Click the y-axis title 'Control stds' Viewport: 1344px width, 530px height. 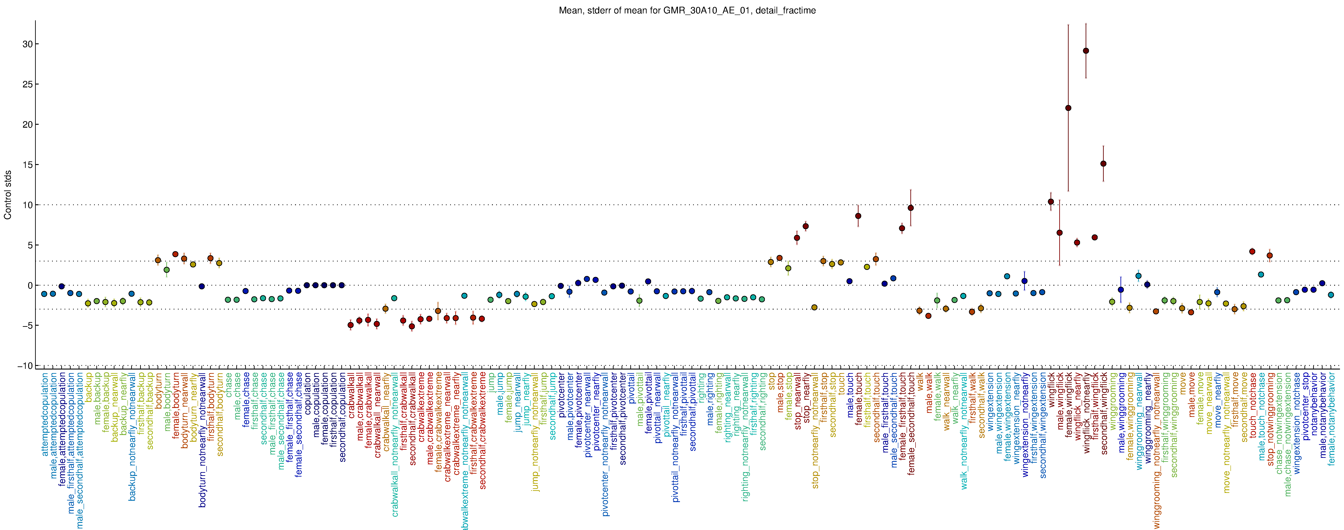(8, 194)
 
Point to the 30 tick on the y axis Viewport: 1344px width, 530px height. (27, 44)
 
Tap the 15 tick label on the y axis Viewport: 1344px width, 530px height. (27, 165)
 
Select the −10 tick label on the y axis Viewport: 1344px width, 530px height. (25, 366)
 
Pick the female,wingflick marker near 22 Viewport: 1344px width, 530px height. (1068, 108)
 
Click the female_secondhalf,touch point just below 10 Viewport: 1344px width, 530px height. (910, 208)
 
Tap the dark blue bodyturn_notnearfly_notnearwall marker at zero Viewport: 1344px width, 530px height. (201, 286)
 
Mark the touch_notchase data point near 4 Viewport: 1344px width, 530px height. (1252, 251)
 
